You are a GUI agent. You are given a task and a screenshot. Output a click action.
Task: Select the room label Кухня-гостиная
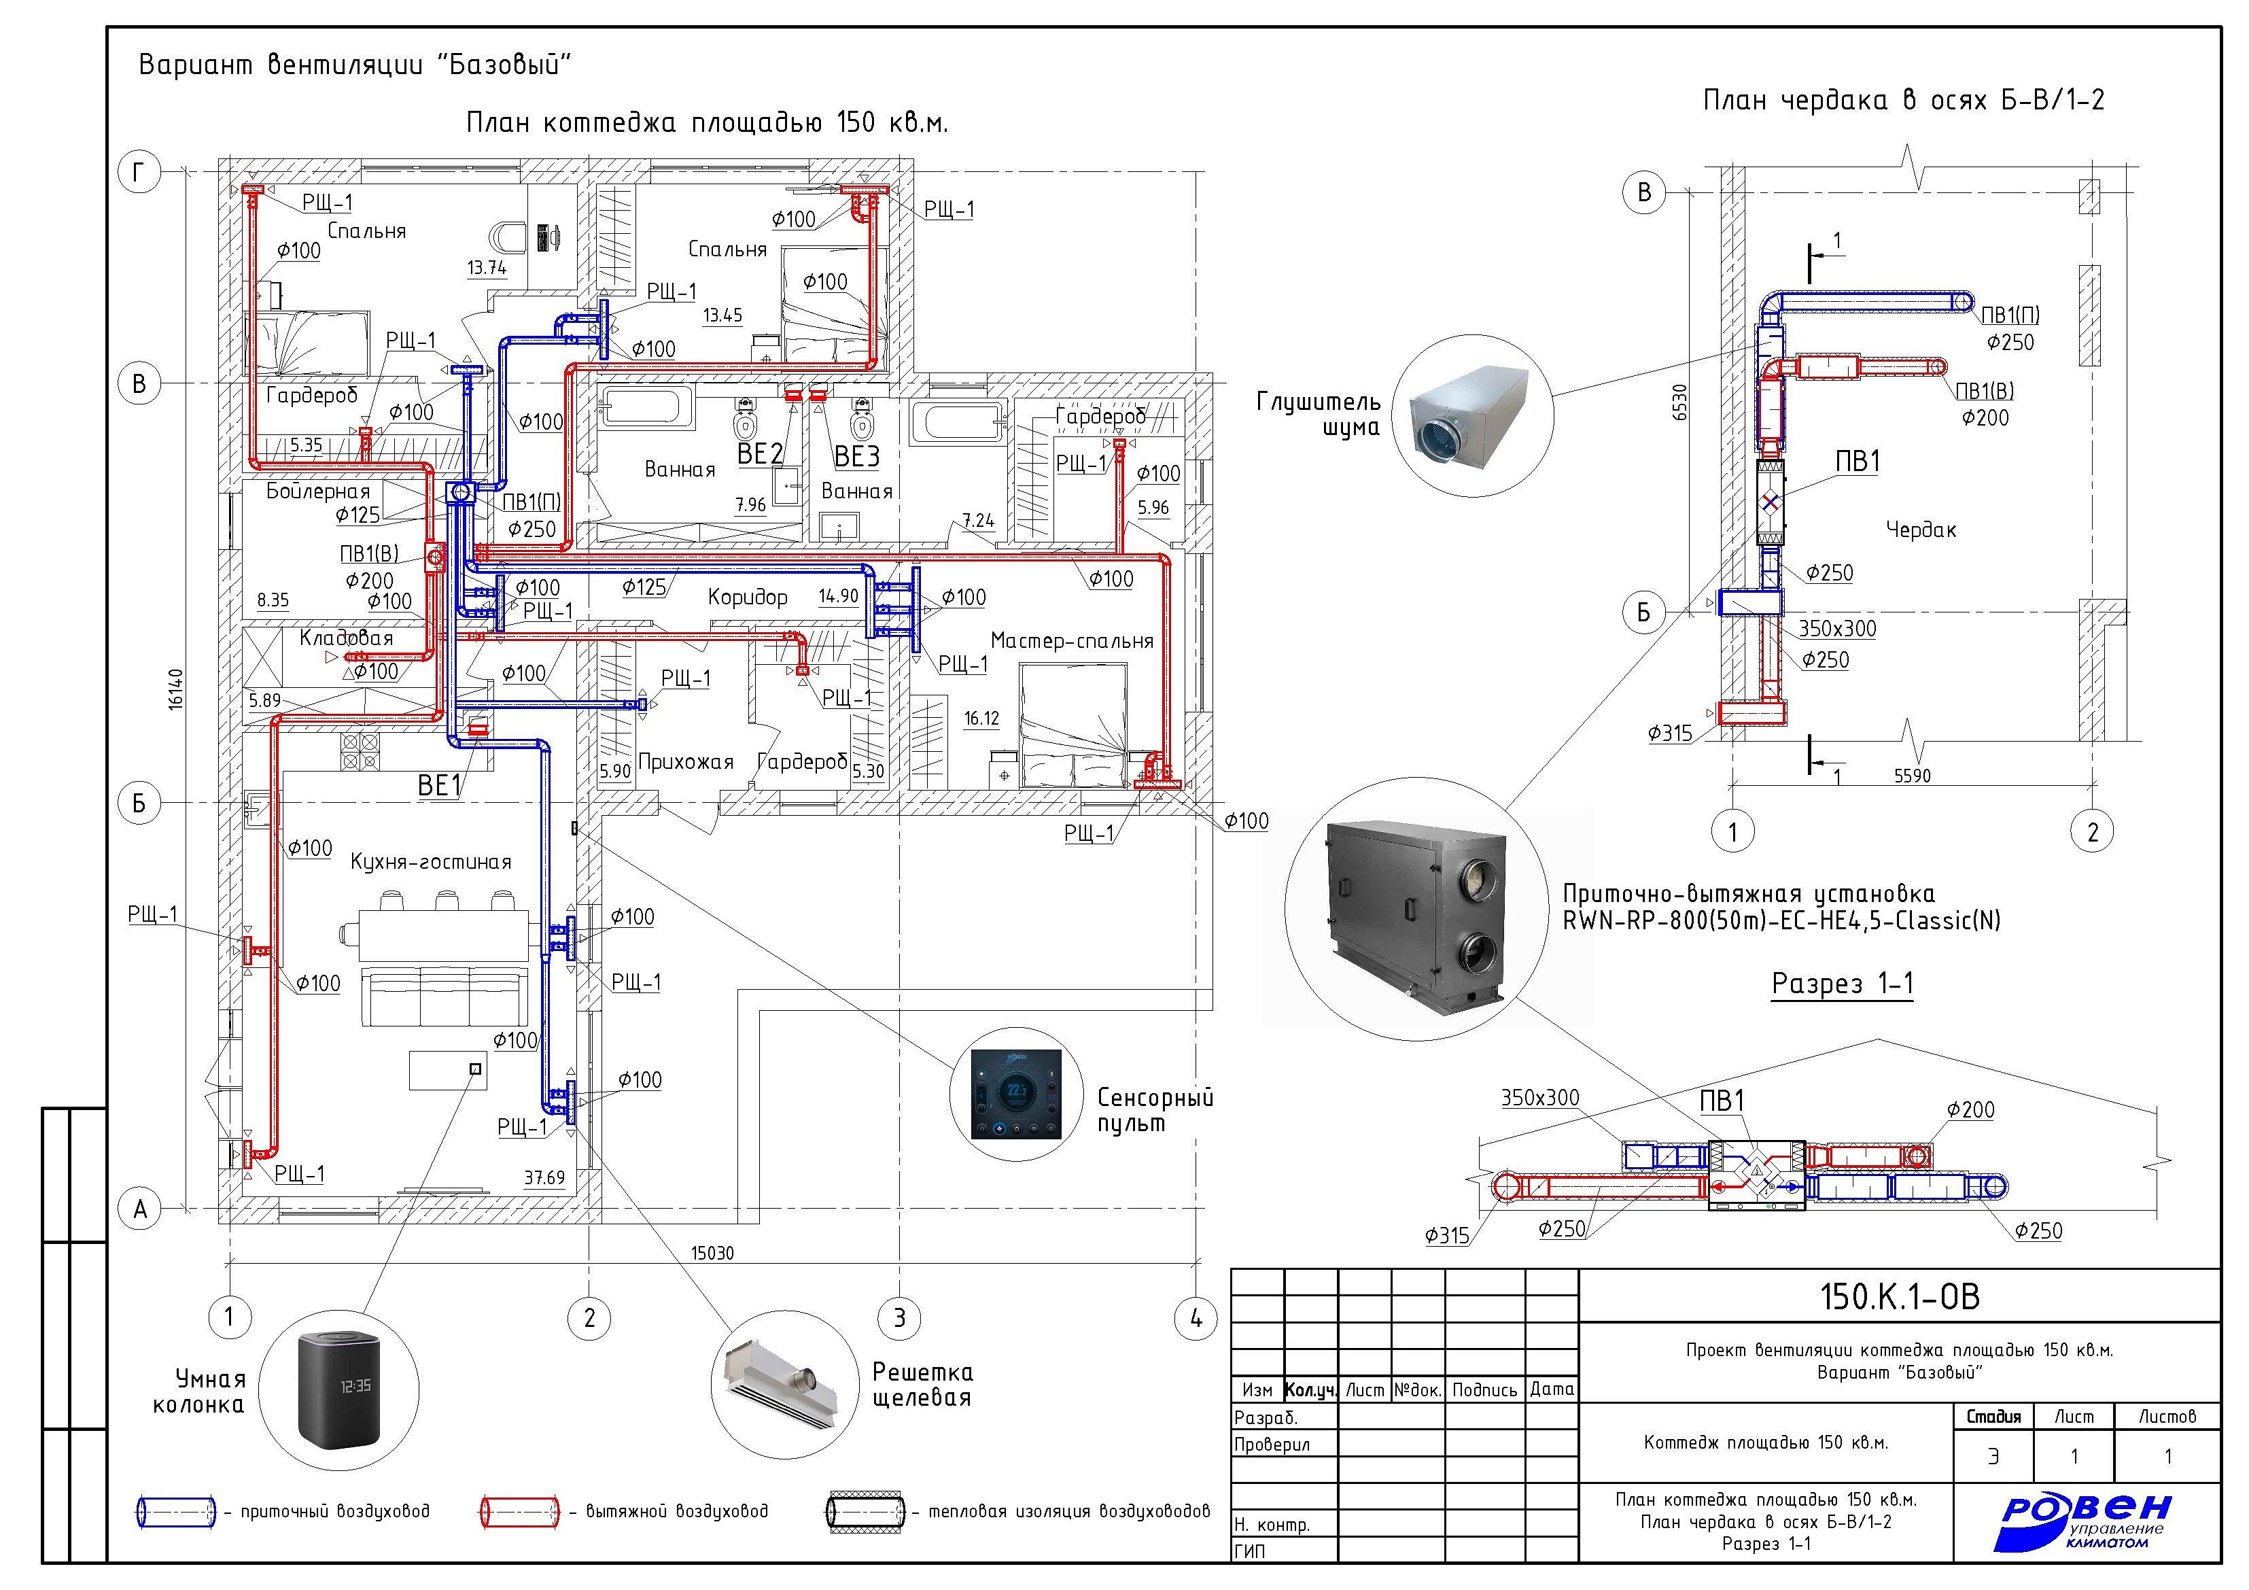point(431,862)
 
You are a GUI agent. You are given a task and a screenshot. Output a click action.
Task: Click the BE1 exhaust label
point(440,786)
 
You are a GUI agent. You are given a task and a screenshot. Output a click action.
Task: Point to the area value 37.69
point(544,1177)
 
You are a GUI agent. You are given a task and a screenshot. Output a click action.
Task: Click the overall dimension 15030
point(712,1253)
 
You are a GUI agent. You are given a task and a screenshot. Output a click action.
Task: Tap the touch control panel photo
point(1016,1094)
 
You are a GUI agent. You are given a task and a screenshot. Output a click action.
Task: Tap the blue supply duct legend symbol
point(175,1512)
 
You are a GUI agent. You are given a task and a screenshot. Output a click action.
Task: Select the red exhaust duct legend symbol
point(519,1512)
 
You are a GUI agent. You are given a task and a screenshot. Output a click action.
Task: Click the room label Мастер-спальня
point(1072,641)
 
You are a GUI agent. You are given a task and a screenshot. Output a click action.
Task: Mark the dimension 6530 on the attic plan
point(1680,402)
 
